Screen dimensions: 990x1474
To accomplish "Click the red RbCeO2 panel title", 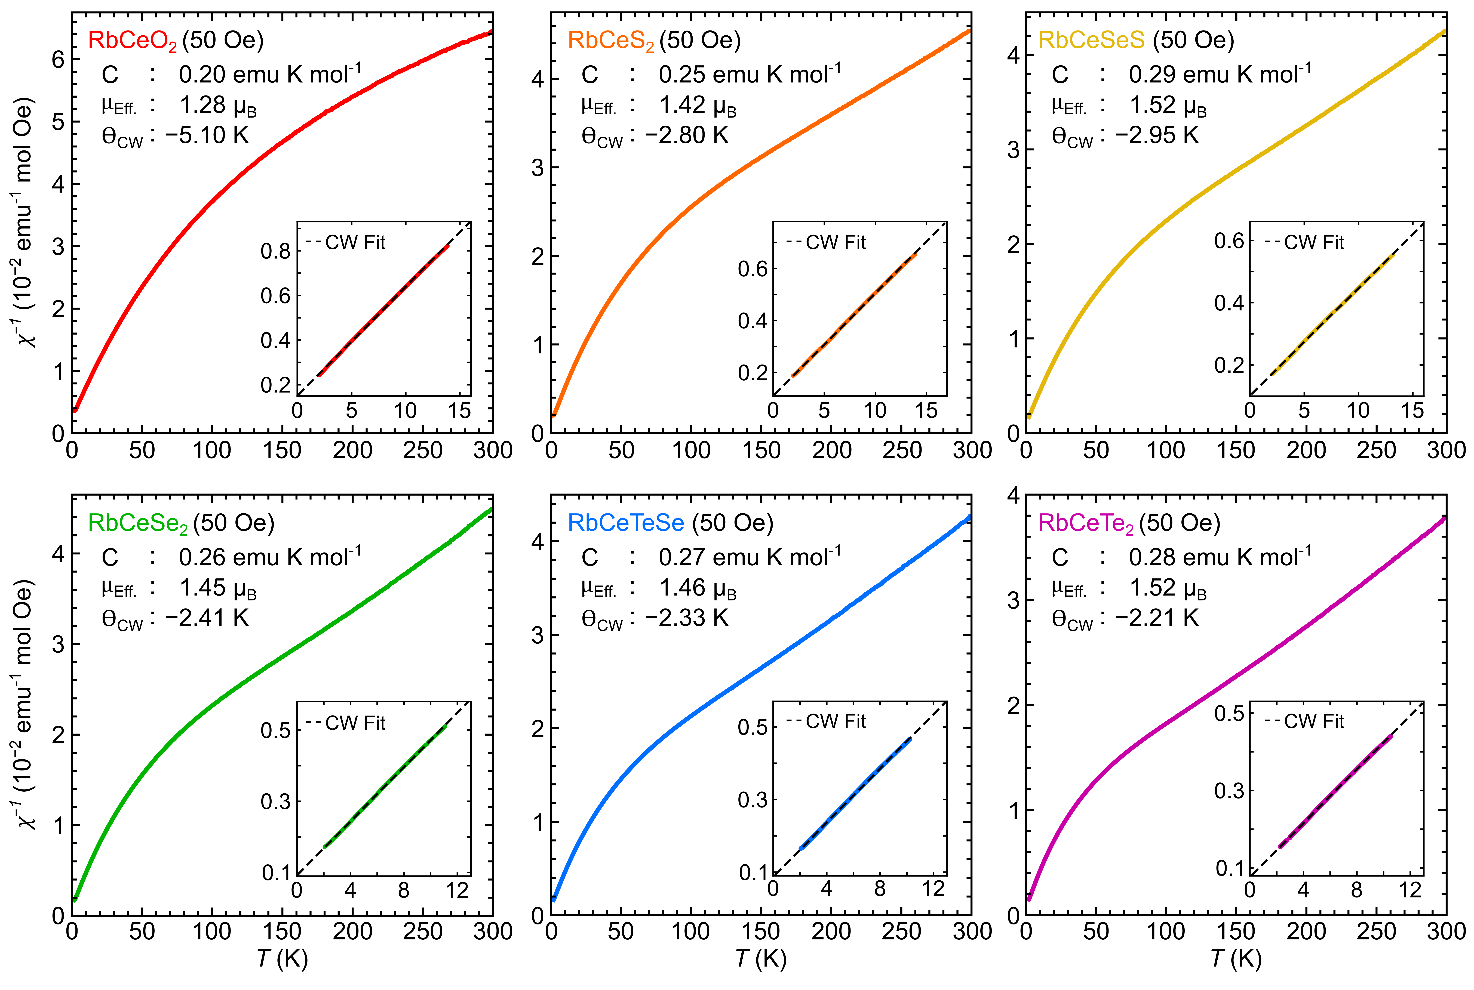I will (x=132, y=40).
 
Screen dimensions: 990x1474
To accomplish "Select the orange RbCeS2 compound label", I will (x=611, y=40).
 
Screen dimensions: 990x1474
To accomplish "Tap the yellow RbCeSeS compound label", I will (x=1091, y=40).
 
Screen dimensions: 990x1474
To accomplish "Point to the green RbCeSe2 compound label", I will (x=138, y=523).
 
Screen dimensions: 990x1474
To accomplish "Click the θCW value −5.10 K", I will (x=207, y=135).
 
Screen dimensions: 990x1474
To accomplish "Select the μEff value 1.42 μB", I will (x=697, y=105).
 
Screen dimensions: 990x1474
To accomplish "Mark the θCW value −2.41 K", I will (x=207, y=618).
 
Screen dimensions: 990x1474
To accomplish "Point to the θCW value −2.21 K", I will (x=1157, y=618).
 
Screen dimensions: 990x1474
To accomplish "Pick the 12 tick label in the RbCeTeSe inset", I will (x=933, y=889).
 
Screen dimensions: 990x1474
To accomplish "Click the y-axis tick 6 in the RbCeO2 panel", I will (x=58, y=60).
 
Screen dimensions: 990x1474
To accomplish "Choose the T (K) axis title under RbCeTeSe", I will (x=760, y=959).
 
